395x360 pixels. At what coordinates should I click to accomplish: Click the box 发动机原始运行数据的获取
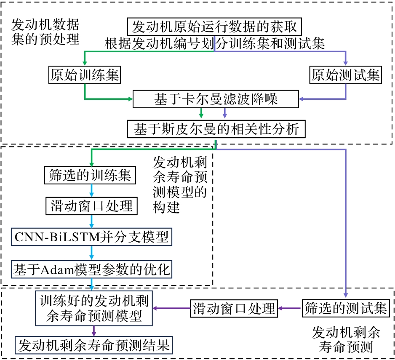click(215, 27)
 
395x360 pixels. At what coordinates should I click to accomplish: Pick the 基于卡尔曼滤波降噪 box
click(216, 99)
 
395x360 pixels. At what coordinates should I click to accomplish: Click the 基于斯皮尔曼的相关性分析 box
click(216, 129)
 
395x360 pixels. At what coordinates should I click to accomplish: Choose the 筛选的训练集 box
click(90, 175)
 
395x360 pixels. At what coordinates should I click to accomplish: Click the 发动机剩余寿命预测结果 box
click(94, 345)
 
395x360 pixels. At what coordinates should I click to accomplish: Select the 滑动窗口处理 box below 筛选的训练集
click(90, 206)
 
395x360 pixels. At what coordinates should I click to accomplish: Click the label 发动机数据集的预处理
click(45, 31)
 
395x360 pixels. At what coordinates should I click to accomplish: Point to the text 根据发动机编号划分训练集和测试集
click(215, 43)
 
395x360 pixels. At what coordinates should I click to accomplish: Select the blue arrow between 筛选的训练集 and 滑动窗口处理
click(91, 191)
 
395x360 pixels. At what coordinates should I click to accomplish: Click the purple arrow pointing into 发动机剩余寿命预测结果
click(94, 330)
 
